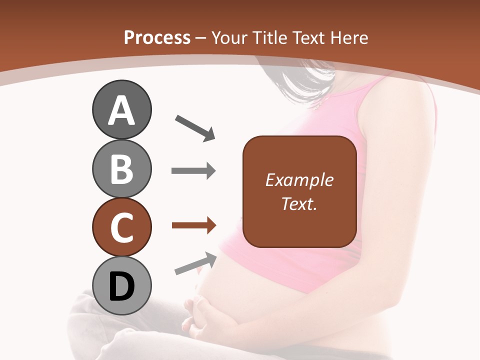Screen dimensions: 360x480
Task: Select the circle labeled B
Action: pos(121,168)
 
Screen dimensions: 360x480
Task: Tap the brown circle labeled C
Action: pos(121,227)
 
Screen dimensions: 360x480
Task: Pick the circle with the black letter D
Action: pos(121,285)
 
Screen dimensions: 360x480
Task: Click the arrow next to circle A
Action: pos(195,127)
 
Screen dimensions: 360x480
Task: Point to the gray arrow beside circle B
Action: pos(193,170)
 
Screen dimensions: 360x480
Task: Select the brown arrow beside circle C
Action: pos(193,225)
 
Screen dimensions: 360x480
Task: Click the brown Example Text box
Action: pos(299,192)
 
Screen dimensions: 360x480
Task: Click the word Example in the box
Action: pos(299,180)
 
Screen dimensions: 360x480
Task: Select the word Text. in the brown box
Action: pos(299,204)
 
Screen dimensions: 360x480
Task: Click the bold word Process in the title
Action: pos(157,37)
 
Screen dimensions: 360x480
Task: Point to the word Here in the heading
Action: pos(348,37)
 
